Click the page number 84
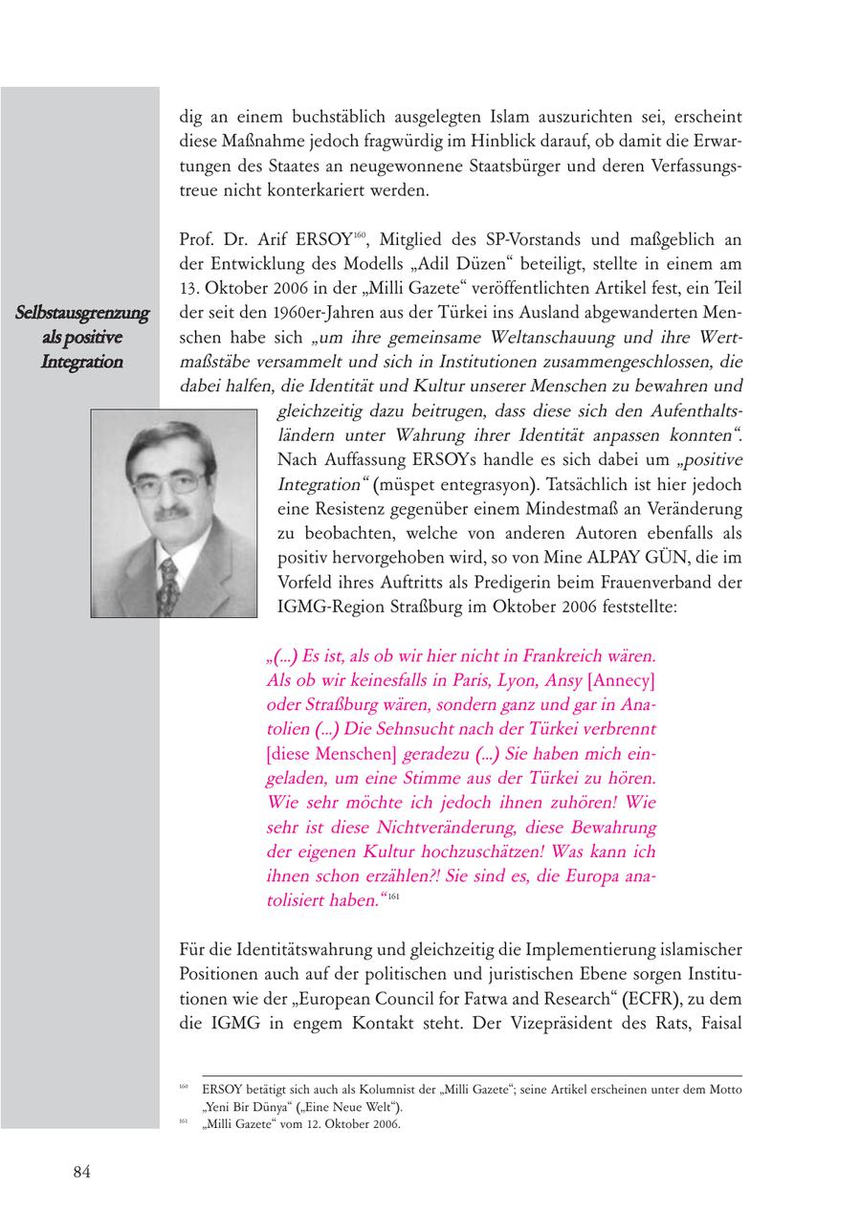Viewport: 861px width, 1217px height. point(81,1173)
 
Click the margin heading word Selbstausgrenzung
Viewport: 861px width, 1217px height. point(82,313)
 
